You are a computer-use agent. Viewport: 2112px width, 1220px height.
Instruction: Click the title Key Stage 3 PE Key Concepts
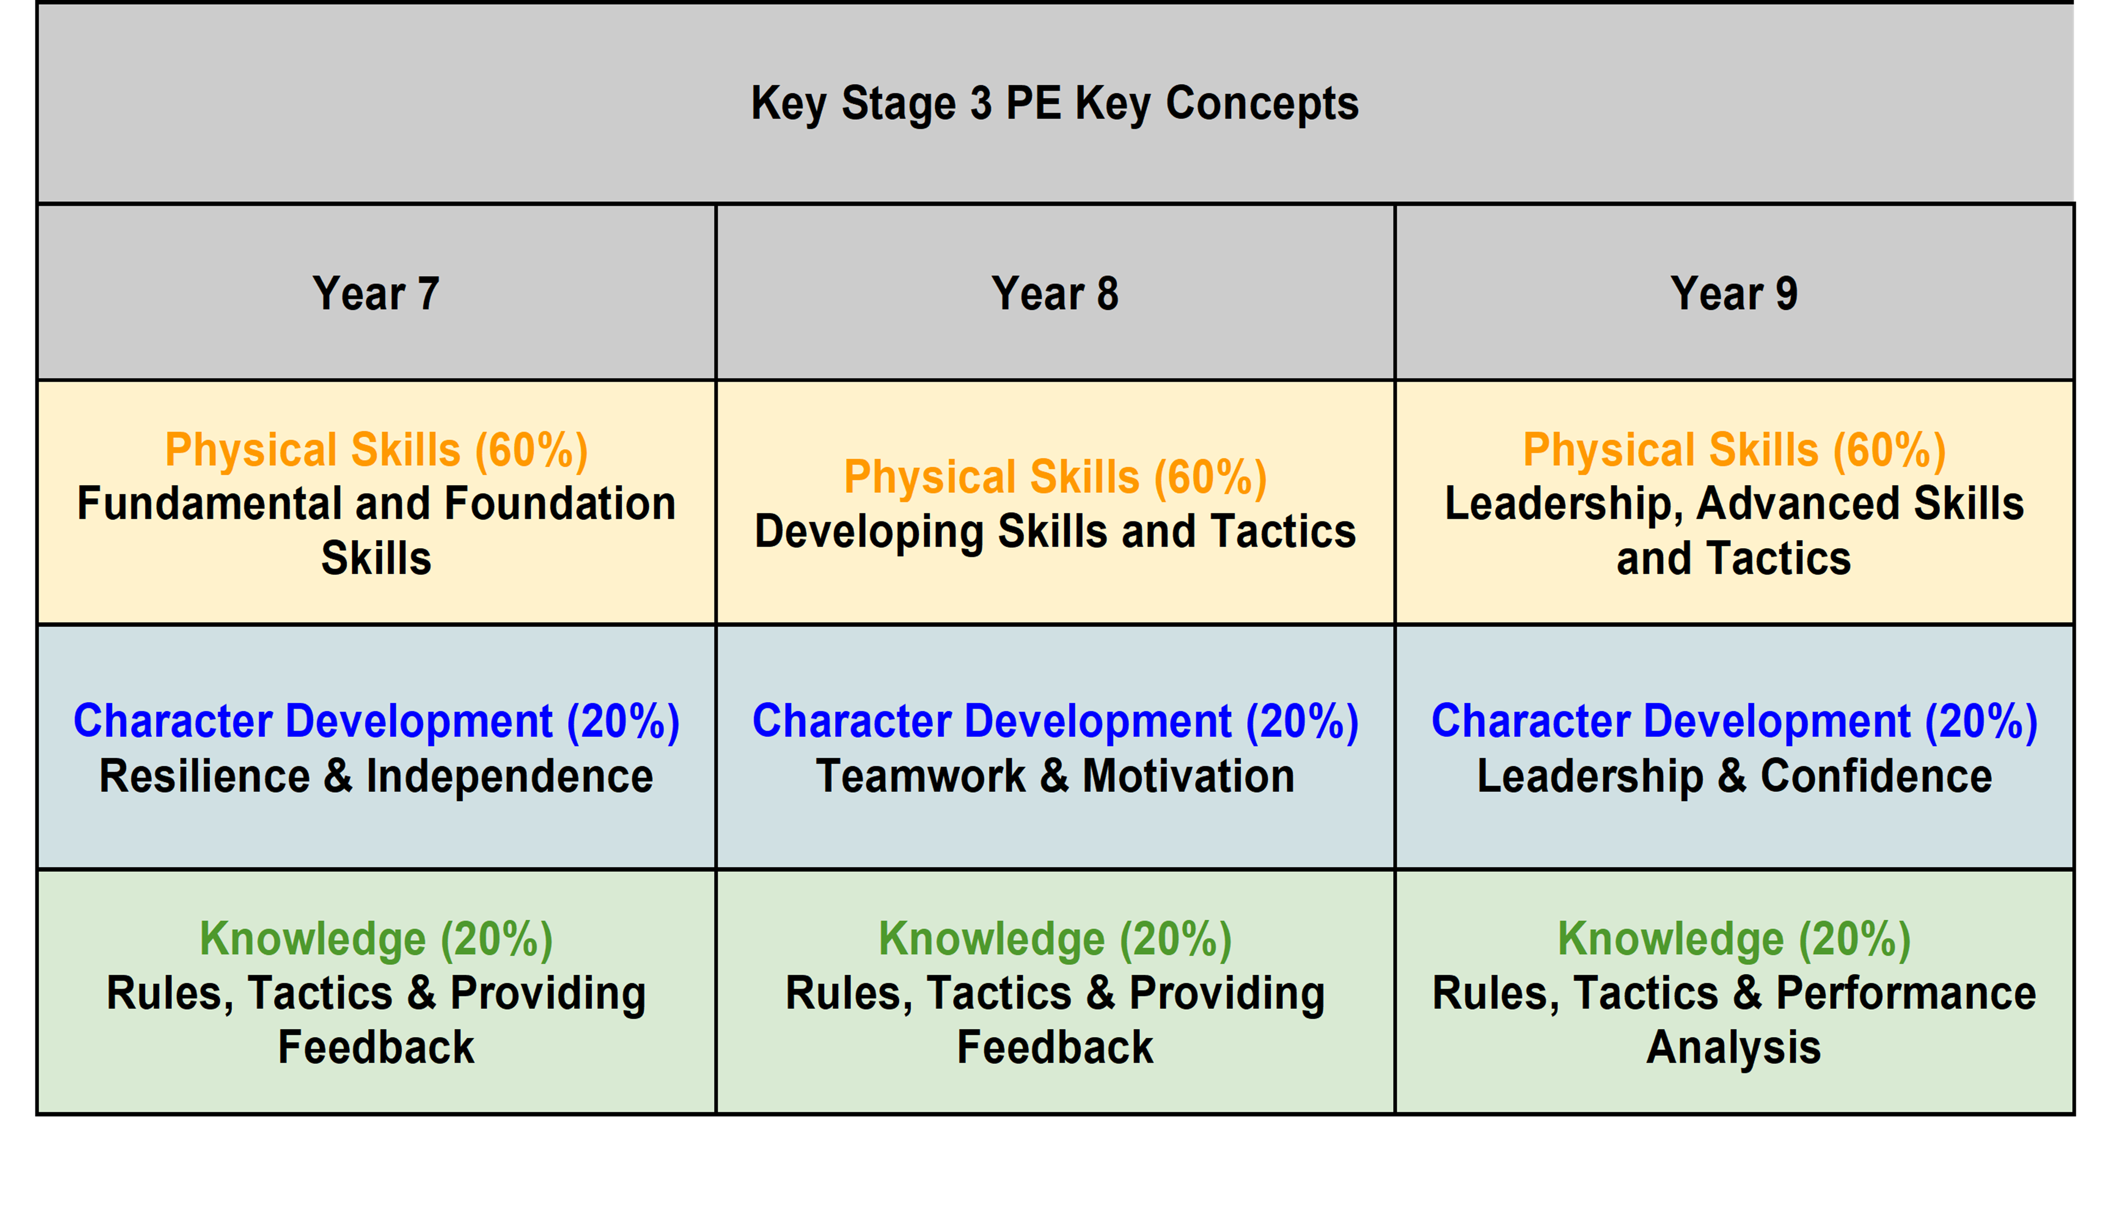coord(1054,104)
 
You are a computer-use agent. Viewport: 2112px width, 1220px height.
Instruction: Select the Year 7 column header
coord(376,293)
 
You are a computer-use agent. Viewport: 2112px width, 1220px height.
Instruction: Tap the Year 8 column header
coord(1055,293)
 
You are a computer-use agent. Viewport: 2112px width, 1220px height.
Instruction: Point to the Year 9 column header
coord(1734,293)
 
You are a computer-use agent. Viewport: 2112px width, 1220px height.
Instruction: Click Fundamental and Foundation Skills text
coord(376,530)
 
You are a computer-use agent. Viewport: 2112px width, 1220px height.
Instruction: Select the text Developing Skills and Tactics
coord(1055,531)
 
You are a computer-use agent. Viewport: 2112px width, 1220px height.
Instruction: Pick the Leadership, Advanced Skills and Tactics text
coord(1734,530)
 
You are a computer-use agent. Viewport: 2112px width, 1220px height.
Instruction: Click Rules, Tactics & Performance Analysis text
coord(1734,1020)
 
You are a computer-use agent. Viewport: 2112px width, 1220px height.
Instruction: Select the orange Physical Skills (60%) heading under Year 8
coord(1055,477)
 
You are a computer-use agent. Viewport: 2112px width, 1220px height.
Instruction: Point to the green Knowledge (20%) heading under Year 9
coord(1734,939)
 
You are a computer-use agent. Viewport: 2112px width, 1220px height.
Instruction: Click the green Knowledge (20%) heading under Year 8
coord(1055,939)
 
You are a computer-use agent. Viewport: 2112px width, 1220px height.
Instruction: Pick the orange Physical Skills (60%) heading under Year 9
coord(1734,450)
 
